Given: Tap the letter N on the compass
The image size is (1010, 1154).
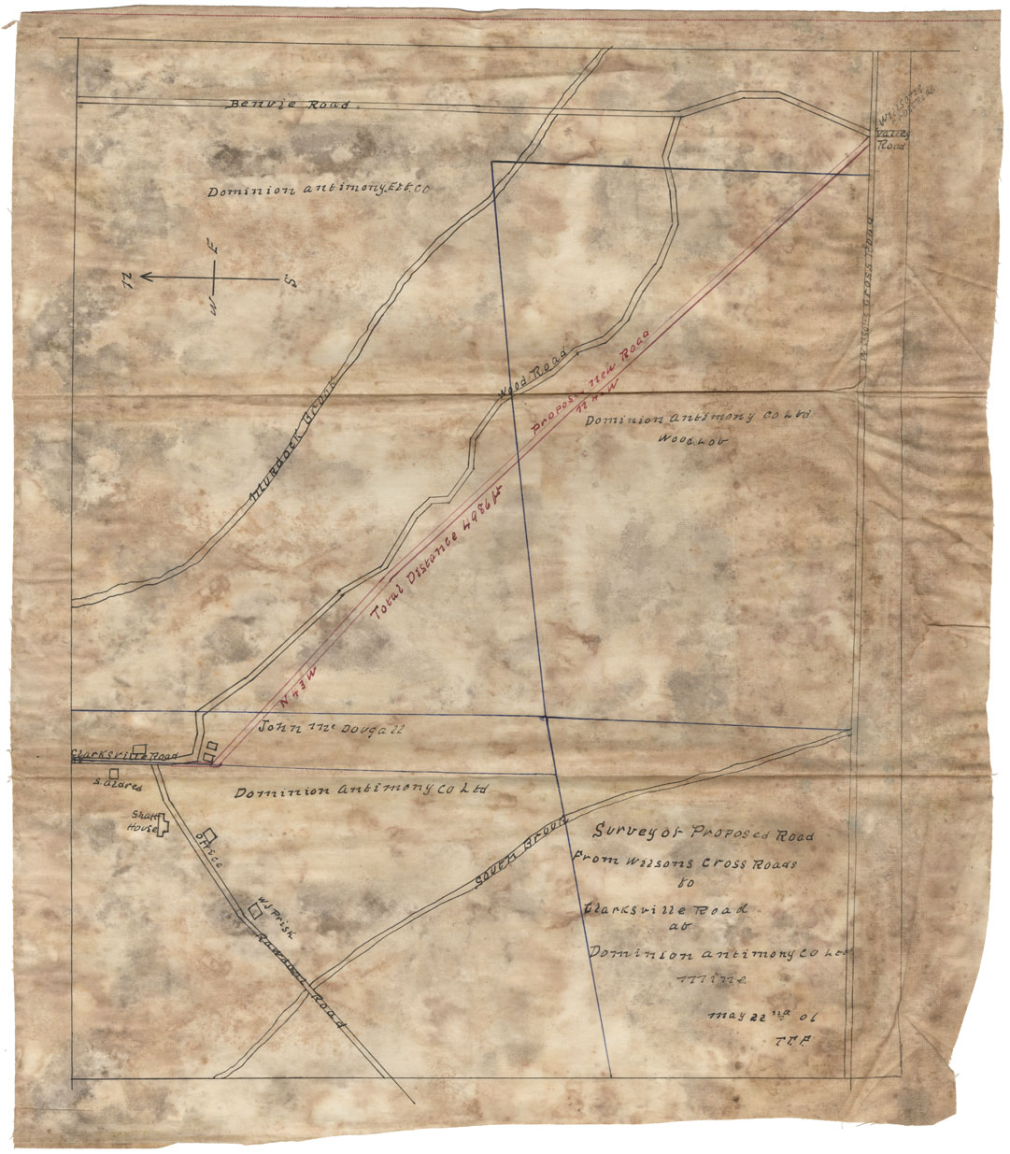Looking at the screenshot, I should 127,277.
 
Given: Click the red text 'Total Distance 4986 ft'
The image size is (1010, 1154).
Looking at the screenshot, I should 439,550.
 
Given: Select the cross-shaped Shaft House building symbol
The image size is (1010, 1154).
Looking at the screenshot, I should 162,825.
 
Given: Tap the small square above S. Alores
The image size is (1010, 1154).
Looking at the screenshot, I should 113,774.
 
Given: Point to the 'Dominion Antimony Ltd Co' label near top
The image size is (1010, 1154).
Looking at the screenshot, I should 318,191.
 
